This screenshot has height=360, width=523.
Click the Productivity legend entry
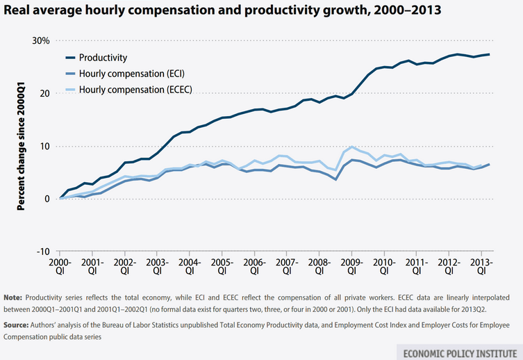pyautogui.click(x=103, y=58)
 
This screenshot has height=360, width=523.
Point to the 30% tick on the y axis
pyautogui.click(x=40, y=40)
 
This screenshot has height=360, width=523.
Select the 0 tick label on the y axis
pyautogui.click(x=46, y=199)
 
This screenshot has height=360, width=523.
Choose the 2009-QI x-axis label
pyautogui.click(x=352, y=266)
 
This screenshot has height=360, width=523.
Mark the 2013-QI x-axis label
pyautogui.click(x=481, y=266)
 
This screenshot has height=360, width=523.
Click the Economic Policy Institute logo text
pyautogui.click(x=458, y=351)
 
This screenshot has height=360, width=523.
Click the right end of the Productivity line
pyautogui.click(x=490, y=54)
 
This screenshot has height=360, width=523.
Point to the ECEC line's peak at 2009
pyautogui.click(x=352, y=147)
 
